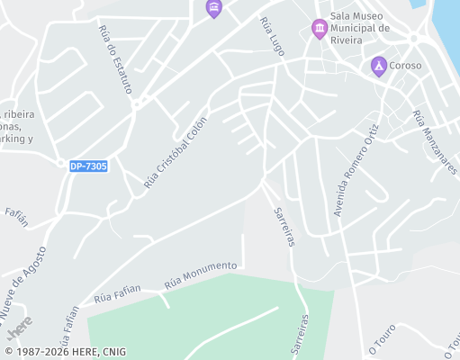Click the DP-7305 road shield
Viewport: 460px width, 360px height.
click(88, 166)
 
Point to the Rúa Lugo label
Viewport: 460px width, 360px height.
click(271, 36)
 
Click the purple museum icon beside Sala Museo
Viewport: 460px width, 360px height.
click(319, 29)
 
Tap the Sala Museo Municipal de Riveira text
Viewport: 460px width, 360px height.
click(359, 28)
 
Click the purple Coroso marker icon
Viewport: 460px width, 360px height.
click(379, 66)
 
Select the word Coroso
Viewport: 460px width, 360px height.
click(405, 65)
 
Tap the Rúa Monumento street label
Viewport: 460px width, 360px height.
click(200, 275)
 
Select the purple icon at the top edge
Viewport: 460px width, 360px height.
click(213, 8)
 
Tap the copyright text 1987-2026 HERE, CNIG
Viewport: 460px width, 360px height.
click(65, 352)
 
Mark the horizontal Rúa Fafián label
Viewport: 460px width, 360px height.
click(117, 292)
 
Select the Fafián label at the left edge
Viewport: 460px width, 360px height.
click(16, 212)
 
